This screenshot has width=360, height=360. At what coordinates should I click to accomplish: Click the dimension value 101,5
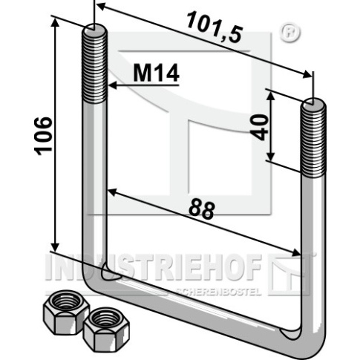pos(215,27)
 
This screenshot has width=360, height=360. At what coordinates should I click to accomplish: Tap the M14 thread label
pos(156,73)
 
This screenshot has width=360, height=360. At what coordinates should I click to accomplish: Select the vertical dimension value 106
pos(44,137)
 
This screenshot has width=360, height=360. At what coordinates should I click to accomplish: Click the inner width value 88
pos(201,210)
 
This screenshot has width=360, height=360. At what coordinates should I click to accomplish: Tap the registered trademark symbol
pos(290,32)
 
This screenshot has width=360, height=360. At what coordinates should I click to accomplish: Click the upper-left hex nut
pos(66,312)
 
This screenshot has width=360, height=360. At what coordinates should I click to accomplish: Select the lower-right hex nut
pos(106,330)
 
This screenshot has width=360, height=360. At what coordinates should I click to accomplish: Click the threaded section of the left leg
pos(94,65)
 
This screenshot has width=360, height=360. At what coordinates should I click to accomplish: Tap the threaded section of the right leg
pos(313,140)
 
